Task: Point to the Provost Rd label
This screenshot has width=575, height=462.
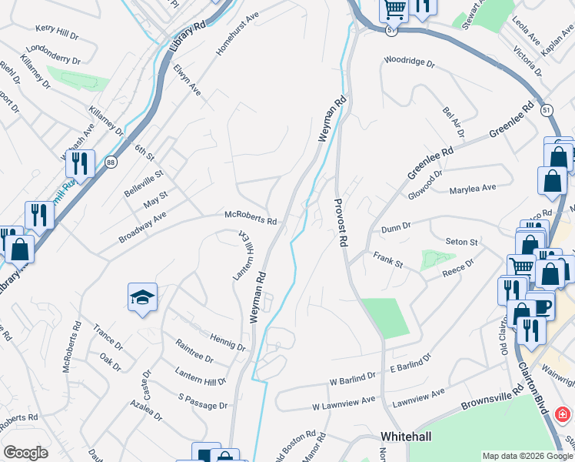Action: click(337, 223)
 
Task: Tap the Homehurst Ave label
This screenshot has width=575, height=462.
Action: click(238, 35)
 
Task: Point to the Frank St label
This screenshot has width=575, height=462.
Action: click(388, 259)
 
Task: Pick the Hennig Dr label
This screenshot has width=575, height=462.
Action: click(228, 343)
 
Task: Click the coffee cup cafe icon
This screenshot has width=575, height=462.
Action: click(540, 304)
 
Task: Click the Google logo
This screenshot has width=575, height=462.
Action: click(25, 453)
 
